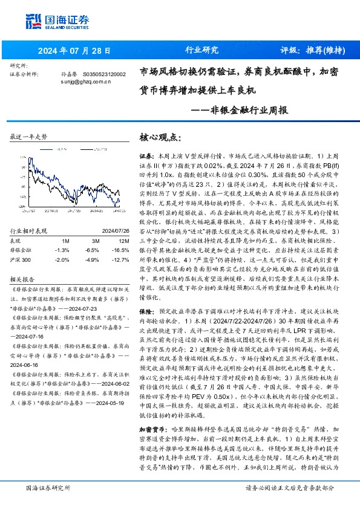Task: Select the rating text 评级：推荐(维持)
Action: pyautogui.click(x=308, y=50)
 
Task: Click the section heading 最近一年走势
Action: pyautogui.click(x=29, y=138)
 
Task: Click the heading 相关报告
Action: pyautogui.click(x=24, y=280)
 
